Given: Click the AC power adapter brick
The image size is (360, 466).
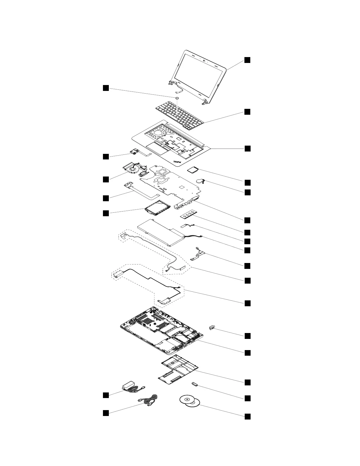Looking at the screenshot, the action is click(129, 385).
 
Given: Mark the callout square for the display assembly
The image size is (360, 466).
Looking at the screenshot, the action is click(248, 60).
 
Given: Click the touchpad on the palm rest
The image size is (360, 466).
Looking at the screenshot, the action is click(156, 146).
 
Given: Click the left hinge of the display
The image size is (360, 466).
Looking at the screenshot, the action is click(171, 84).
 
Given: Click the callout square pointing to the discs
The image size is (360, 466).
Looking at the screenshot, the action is click(248, 416).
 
